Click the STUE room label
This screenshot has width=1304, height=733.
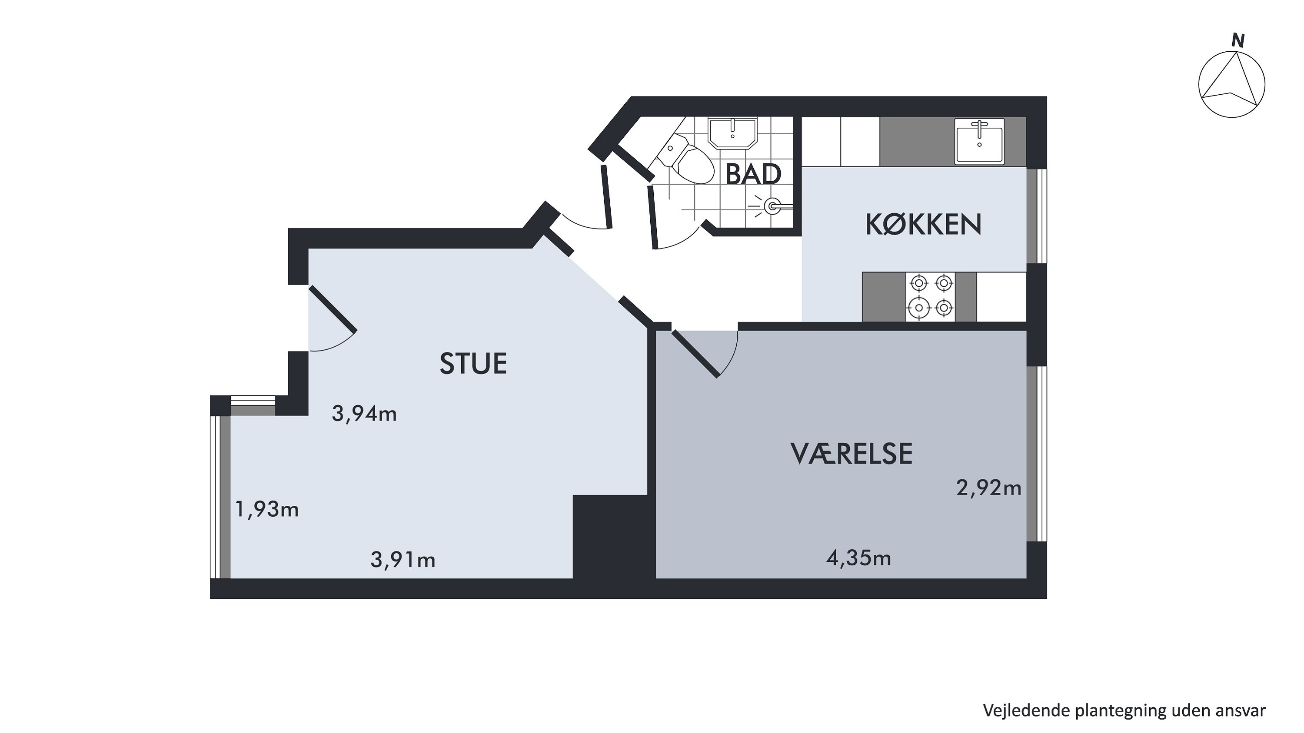point(473,363)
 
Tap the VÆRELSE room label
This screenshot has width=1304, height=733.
point(852,454)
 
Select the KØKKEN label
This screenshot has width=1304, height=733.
point(923,225)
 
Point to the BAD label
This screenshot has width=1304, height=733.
point(753,174)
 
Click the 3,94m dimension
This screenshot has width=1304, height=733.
point(364,414)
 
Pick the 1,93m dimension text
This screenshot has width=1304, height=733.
point(267,509)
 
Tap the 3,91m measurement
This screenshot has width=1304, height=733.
point(403,560)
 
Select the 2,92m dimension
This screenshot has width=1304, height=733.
point(988,488)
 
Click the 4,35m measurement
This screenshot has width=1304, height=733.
point(858,558)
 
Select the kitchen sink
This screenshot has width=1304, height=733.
point(979,142)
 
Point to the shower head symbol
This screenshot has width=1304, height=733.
point(772,206)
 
